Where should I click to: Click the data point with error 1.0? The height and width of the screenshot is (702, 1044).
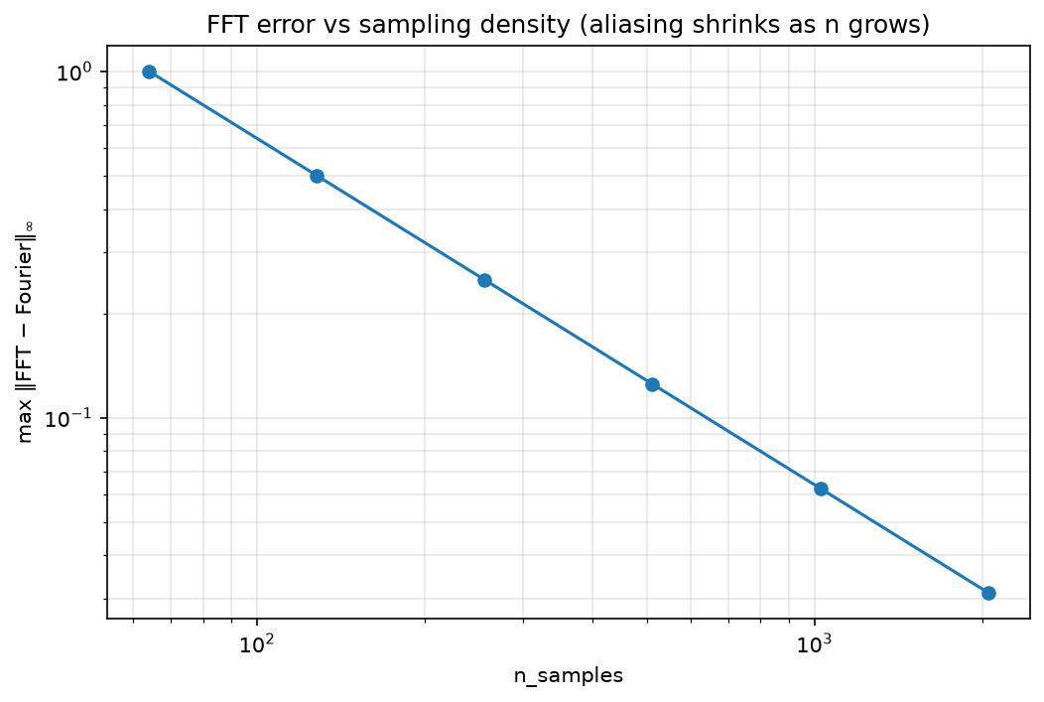pos(149,71)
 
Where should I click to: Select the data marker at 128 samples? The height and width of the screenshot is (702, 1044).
pos(317,176)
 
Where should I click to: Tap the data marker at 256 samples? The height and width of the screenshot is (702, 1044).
pos(484,280)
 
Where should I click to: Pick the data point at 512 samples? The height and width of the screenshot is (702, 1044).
pos(653,384)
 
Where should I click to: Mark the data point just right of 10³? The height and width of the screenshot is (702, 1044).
pos(821,489)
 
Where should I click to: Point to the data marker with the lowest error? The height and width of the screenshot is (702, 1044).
pos(988,593)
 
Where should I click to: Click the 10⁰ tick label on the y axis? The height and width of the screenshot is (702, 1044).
pos(73,71)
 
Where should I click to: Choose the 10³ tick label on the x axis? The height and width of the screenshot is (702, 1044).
pos(815,643)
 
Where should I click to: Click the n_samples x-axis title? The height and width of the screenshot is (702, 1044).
pos(568,675)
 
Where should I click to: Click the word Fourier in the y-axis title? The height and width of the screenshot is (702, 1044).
pos(25,284)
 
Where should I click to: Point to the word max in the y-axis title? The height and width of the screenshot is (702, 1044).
pos(25,427)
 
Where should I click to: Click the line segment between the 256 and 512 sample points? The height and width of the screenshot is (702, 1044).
pos(569,333)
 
